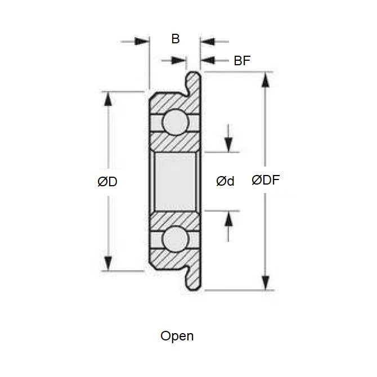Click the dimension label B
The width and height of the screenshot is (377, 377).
175,39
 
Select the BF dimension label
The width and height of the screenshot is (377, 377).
242,61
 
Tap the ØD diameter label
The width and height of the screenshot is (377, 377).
107,181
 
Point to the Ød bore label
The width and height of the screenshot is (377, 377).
225,181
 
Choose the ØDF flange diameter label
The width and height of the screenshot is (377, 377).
266,181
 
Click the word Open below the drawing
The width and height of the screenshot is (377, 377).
177,336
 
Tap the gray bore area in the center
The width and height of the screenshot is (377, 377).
175,181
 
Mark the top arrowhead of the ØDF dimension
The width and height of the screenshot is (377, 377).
264,79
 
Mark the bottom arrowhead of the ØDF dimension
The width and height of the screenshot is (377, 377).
264,284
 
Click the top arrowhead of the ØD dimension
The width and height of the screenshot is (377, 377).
108,98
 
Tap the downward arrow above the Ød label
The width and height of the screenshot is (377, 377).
228,145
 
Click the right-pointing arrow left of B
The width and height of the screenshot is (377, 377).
143,41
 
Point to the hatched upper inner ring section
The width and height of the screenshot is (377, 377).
175,142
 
